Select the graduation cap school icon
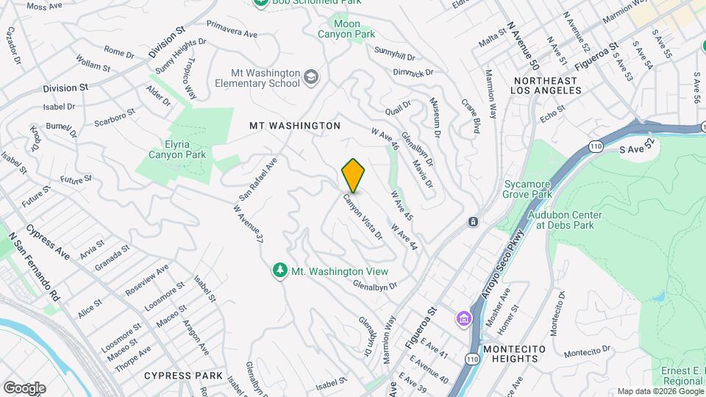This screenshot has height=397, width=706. pyautogui.click(x=312, y=76)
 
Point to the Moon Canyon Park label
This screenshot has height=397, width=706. pyautogui.click(x=346, y=29)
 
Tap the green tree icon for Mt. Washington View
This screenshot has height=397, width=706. pyautogui.click(x=279, y=271)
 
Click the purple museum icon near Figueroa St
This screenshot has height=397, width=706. pyautogui.click(x=464, y=319)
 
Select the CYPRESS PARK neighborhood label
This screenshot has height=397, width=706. pyautogui.click(x=183, y=375)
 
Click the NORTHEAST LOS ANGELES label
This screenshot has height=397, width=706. pyautogui.click(x=547, y=85)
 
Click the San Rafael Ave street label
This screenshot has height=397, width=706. pyautogui.click(x=258, y=179)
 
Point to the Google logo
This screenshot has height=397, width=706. pyautogui.click(x=24, y=387)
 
